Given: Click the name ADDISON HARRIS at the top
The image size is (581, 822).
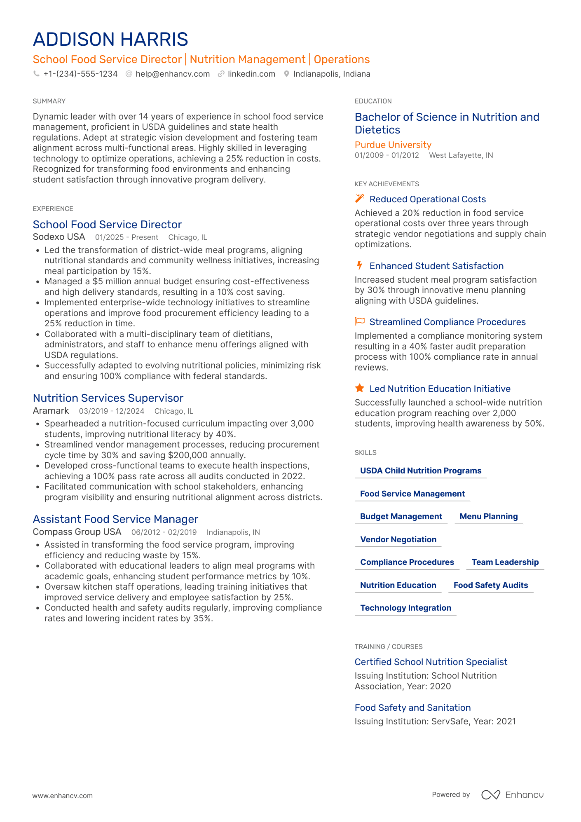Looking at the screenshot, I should click(x=110, y=40).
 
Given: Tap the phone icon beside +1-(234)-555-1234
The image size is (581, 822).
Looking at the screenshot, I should click(x=37, y=74).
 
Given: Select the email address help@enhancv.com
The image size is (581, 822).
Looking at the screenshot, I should click(x=172, y=74).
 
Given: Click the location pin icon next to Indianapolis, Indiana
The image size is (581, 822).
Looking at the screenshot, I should click(x=286, y=74).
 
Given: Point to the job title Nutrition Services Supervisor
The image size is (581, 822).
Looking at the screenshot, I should click(x=108, y=398).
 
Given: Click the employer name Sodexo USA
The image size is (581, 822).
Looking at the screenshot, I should click(x=59, y=237).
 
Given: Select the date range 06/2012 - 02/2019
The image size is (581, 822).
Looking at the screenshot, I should click(x=164, y=532).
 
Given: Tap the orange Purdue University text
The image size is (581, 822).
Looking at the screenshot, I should click(x=393, y=145).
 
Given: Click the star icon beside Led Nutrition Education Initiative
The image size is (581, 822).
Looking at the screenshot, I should click(x=359, y=388).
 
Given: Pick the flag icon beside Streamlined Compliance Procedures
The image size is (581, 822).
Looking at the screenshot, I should click(x=360, y=321).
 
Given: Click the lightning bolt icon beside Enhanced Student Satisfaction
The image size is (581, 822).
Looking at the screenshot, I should click(x=359, y=265).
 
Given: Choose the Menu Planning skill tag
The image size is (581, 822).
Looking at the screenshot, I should click(x=488, y=517).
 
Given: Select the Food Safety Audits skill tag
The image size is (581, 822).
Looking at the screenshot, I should click(x=490, y=585).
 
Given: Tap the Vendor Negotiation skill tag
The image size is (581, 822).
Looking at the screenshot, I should click(x=398, y=540).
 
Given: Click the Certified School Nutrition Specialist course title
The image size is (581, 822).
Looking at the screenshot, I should click(x=431, y=662).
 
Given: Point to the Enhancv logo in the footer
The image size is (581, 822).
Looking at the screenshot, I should click(x=512, y=795).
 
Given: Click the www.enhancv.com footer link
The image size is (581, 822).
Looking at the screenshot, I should click(x=63, y=796).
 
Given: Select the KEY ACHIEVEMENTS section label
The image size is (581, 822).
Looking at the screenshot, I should click(x=387, y=184).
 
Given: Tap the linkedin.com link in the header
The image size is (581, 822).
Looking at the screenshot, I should click(x=251, y=74).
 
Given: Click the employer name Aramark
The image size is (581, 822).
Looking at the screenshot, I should click(x=51, y=411).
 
